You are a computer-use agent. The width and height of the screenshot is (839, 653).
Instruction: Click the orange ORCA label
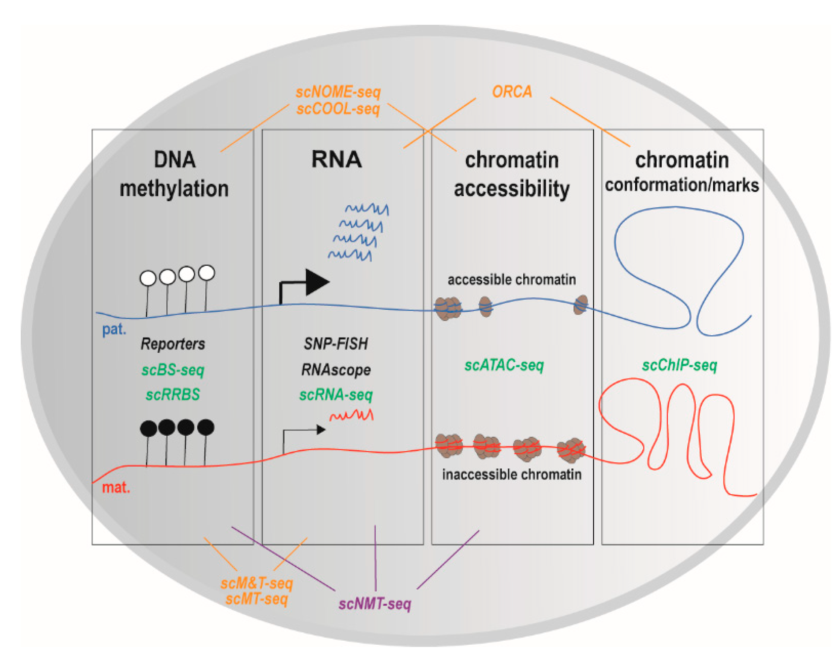point(512,92)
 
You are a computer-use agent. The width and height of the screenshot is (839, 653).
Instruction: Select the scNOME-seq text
point(338,92)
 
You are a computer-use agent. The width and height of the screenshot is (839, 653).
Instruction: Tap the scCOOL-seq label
point(338,109)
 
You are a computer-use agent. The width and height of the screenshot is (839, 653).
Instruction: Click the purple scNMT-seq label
point(375,604)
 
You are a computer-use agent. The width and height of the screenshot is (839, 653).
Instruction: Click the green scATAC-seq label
point(504,365)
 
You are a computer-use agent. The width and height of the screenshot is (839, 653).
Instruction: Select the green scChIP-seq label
point(679,365)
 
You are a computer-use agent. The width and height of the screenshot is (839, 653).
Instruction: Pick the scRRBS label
point(172,395)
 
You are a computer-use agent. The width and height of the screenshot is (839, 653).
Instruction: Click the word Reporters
point(172,344)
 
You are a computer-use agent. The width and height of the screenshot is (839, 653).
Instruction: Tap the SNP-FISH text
point(335,344)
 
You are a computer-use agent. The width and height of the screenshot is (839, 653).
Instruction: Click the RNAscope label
point(335,370)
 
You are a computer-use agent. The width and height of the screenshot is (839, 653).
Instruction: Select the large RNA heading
point(336,159)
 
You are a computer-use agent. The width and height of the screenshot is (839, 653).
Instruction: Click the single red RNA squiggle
point(351,416)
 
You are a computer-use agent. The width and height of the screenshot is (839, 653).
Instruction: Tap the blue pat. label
point(114,329)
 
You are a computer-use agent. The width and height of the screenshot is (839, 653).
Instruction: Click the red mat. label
point(116,488)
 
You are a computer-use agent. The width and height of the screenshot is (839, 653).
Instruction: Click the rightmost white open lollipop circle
point(207,273)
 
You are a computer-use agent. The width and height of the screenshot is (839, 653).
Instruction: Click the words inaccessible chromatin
point(511,474)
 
